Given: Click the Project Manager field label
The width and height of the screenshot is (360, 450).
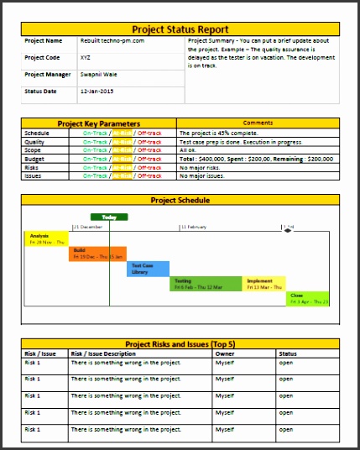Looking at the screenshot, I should click(x=47, y=74).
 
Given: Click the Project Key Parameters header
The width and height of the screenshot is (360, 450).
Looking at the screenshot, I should click(x=97, y=123).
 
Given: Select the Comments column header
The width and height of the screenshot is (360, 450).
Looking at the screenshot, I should click(x=258, y=123).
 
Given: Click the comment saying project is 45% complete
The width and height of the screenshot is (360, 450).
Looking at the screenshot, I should click(x=223, y=133).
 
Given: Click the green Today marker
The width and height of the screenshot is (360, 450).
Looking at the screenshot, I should click(x=109, y=216).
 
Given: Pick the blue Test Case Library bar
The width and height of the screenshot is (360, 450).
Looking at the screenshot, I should click(x=148, y=269).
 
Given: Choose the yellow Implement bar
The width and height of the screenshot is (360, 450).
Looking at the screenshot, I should click(x=264, y=284).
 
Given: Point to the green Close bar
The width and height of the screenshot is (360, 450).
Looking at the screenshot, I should click(x=308, y=298).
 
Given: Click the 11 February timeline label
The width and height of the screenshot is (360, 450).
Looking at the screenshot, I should click(x=194, y=228).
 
